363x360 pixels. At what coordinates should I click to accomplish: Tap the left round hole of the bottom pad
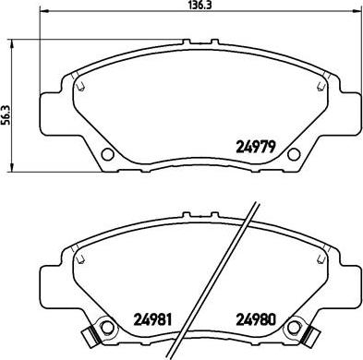click(x=107, y=326)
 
